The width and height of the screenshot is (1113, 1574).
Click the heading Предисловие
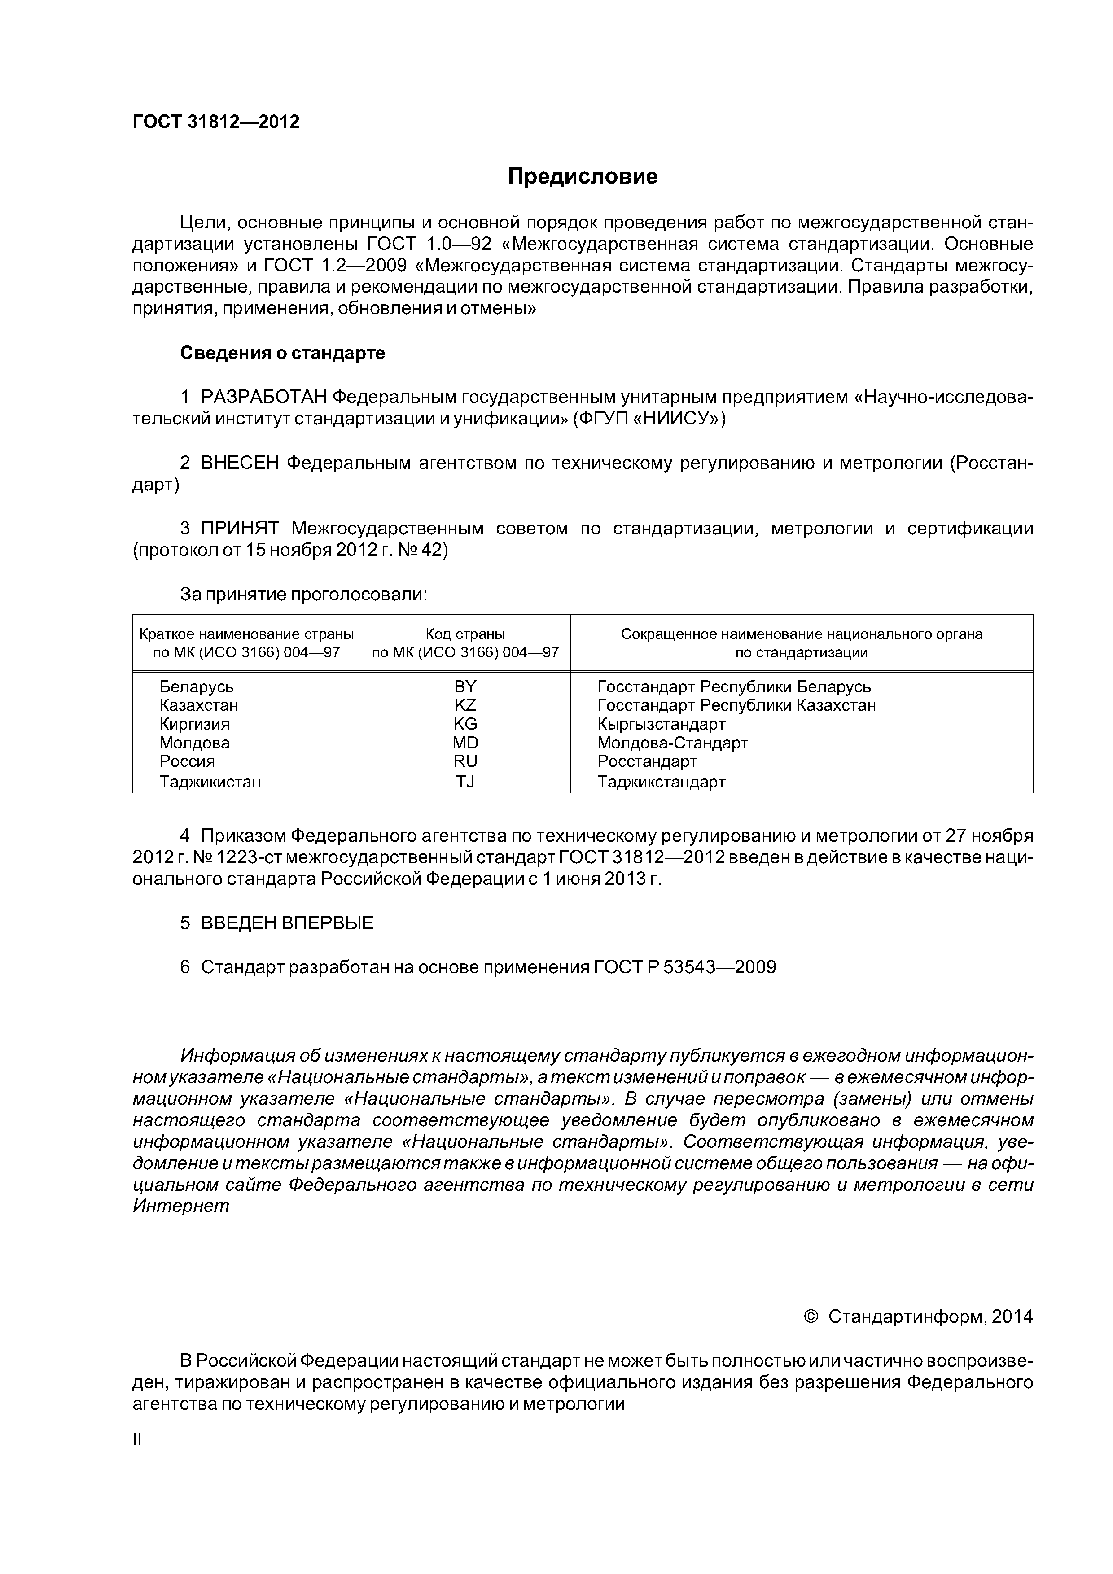click(x=582, y=177)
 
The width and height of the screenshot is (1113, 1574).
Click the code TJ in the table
click(x=465, y=782)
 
